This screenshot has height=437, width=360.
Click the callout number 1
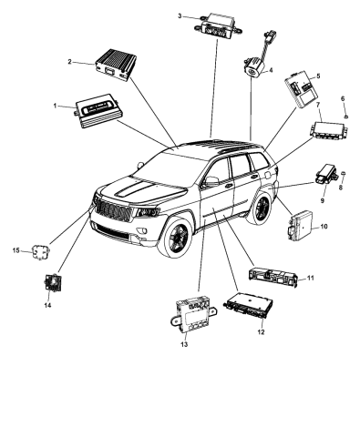pos(57,106)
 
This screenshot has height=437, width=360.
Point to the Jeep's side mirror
pos(211,182)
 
